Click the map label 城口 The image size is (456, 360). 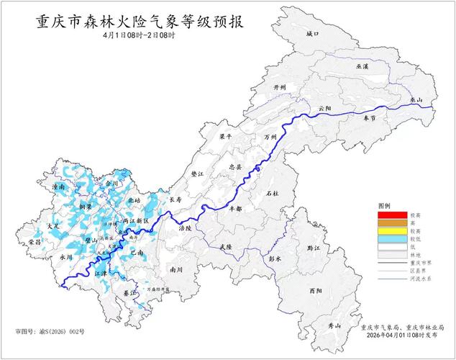pos(311,34)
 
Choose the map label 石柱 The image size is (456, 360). pos(271,193)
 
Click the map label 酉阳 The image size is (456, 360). pos(314,291)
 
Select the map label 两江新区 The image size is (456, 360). pos(135,220)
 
